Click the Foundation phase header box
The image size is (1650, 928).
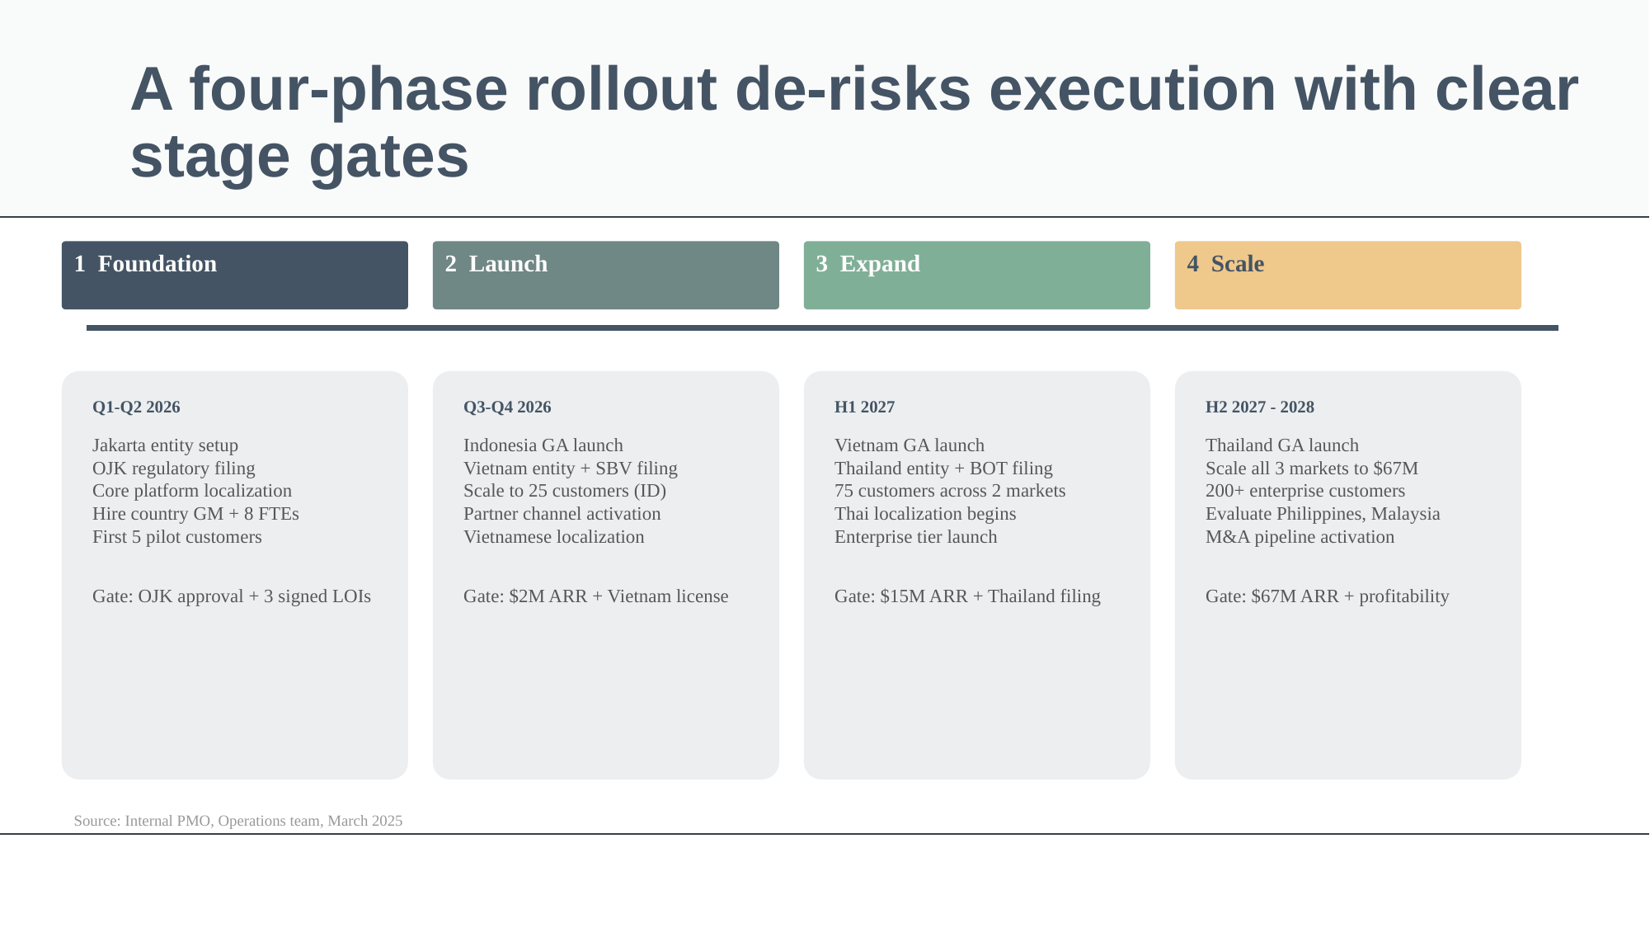click(234, 275)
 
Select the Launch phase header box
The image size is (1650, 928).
click(605, 275)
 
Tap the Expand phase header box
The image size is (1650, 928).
click(976, 275)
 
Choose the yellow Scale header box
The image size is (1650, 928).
click(1347, 275)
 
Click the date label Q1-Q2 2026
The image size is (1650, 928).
click(136, 407)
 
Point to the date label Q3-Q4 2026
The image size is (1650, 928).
click(507, 407)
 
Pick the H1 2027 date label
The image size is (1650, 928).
click(864, 407)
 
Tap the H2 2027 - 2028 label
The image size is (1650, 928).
click(1259, 407)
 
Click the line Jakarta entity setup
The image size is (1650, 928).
click(165, 445)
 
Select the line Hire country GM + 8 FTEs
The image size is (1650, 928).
click(195, 514)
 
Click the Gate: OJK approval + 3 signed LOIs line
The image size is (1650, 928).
click(232, 596)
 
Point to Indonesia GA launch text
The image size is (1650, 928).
click(543, 445)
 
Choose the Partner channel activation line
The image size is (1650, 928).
click(562, 514)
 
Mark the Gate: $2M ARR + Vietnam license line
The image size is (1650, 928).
click(595, 596)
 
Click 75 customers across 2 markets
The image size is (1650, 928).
click(950, 491)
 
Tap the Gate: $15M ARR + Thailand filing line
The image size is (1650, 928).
click(967, 596)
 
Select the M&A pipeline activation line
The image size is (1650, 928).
click(1300, 537)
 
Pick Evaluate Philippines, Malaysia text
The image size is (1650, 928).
click(1323, 514)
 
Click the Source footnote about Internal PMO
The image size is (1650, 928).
click(237, 821)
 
